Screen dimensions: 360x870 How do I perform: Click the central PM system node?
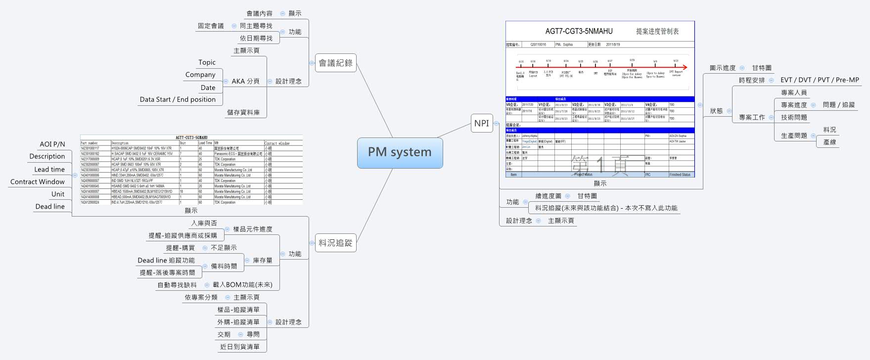400,152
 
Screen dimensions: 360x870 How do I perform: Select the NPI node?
481,123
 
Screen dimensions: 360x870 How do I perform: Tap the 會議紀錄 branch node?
335,63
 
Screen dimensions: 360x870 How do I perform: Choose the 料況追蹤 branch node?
335,243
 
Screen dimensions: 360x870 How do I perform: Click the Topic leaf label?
207,62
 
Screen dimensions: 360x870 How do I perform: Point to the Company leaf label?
200,75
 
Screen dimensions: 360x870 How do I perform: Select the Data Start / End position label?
178,99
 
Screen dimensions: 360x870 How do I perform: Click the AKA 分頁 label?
245,81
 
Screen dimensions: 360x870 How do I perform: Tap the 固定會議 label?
211,26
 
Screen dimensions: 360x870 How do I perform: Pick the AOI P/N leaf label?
52,144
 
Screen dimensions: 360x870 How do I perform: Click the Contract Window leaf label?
38,181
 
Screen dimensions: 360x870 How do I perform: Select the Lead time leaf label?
49,169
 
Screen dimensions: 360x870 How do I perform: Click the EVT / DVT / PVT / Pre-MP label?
820,80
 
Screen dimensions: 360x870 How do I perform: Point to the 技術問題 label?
794,117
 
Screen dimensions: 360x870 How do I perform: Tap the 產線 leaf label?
829,142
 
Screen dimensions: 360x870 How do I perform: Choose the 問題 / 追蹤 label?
838,105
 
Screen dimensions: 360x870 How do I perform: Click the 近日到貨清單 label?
239,347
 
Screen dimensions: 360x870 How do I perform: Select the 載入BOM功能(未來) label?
242,285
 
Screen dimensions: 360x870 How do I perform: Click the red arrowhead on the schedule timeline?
685,67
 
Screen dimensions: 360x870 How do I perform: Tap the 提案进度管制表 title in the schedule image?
657,31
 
